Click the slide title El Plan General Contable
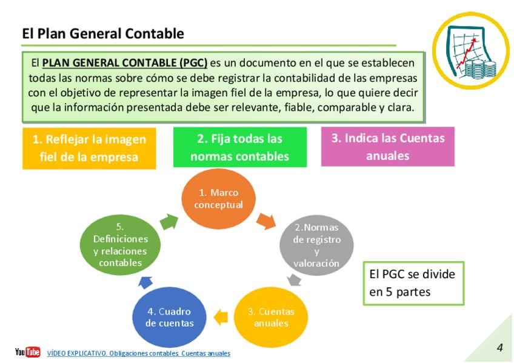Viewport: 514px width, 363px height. pyautogui.click(x=102, y=34)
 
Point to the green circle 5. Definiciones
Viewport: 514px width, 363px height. pyautogui.click(x=120, y=245)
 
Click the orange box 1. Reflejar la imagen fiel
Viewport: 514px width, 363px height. pyautogui.click(x=89, y=148)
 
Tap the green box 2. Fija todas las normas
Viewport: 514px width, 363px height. pyautogui.click(x=239, y=148)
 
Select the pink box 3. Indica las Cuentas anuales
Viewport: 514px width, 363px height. pyautogui.click(x=387, y=146)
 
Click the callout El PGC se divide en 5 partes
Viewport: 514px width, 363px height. pyautogui.click(x=412, y=282)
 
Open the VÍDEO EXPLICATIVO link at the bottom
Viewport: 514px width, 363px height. pyautogui.click(x=138, y=353)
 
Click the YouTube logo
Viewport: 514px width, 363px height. pyautogui.click(x=28, y=352)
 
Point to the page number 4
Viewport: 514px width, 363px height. pyautogui.click(x=499, y=347)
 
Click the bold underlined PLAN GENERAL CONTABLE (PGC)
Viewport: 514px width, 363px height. pyautogui.click(x=125, y=62)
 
